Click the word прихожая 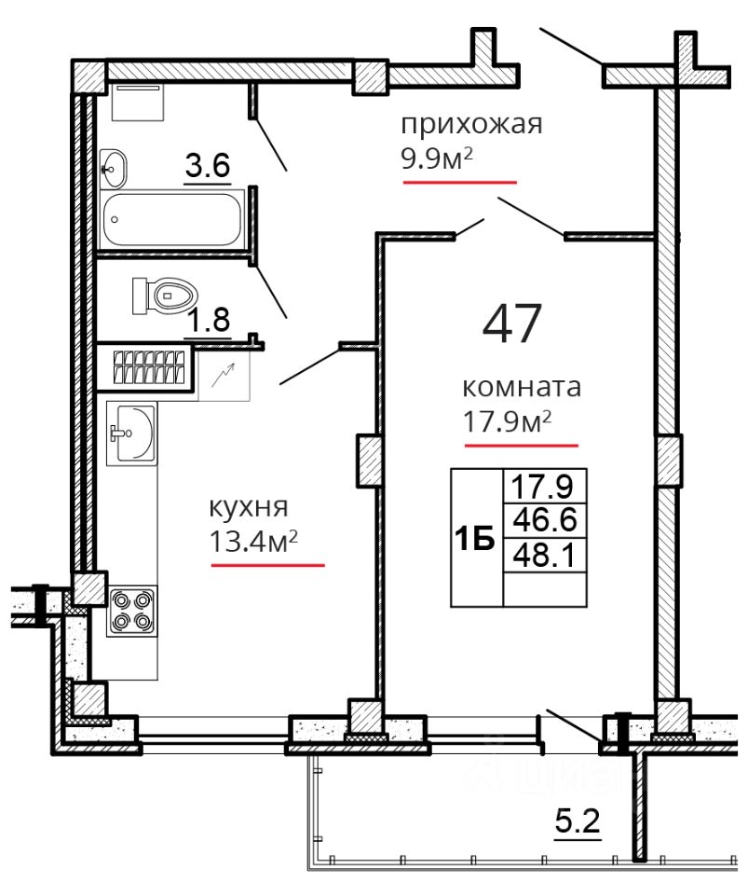coord(471,124)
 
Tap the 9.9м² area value coord(437,159)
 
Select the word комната coord(521,387)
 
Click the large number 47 coord(510,324)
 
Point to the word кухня coord(249,507)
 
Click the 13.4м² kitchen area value coord(253,541)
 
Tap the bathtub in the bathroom coord(172,220)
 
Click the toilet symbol coord(165,296)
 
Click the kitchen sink coord(131,434)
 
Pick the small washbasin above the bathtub coord(114,169)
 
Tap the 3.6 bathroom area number coord(208,167)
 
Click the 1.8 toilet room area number coord(210,320)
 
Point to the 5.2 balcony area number coord(578,822)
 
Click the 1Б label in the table coord(476,539)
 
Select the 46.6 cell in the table coord(545,520)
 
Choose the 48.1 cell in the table coord(545,554)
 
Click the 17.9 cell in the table coord(545,487)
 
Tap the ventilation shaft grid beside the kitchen coord(150,366)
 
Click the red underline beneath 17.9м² coord(522,446)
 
